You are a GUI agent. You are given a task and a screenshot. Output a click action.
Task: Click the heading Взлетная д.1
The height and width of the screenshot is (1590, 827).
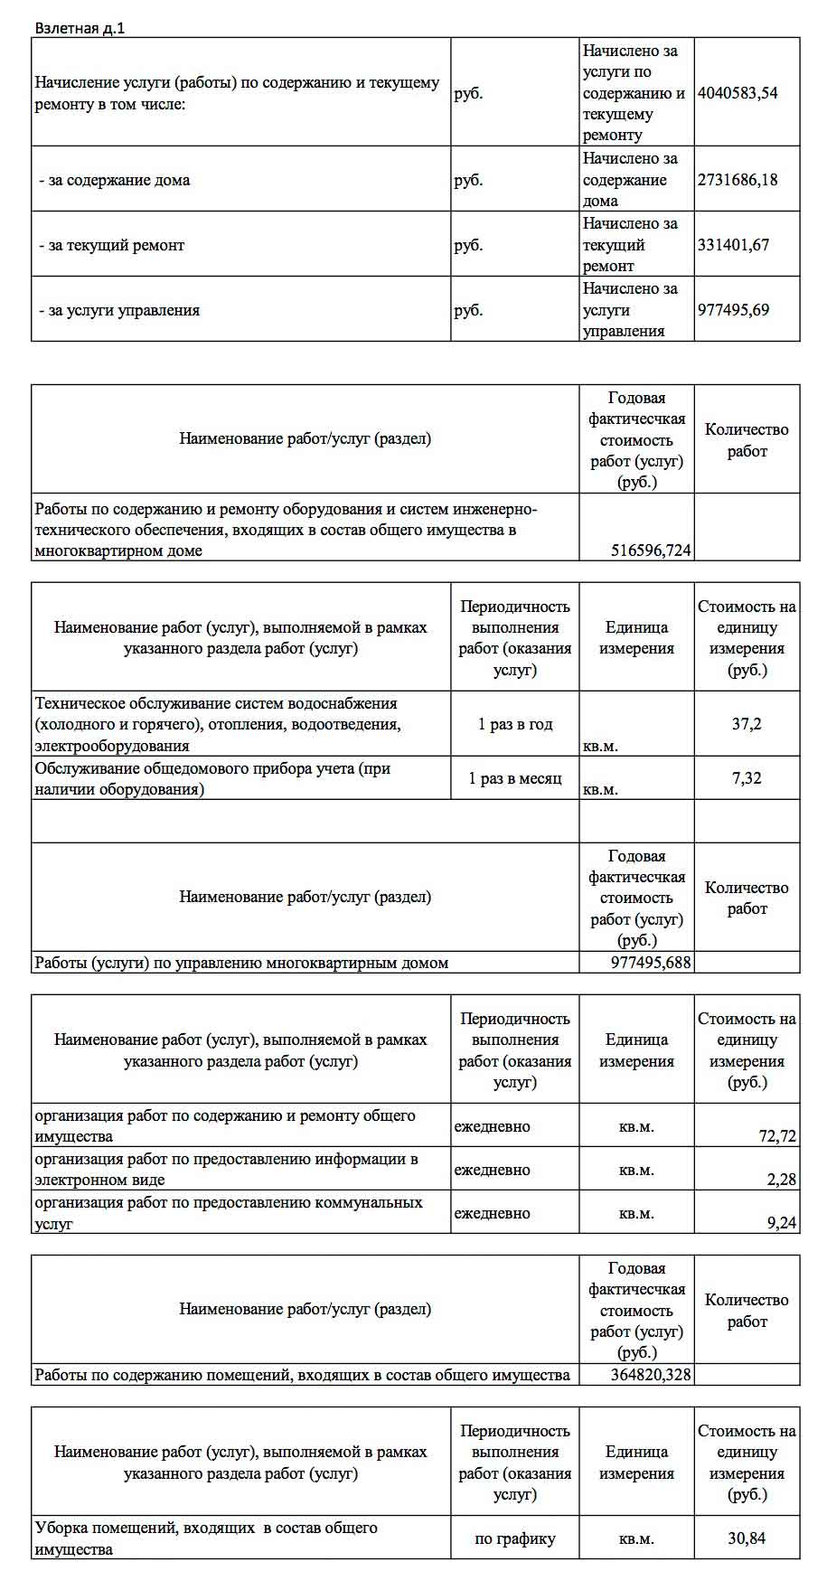[x=80, y=28]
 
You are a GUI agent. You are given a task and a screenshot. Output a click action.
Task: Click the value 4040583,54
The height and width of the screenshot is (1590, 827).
[x=738, y=92]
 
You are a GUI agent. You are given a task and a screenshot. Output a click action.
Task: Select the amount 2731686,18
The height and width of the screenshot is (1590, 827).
[x=738, y=179]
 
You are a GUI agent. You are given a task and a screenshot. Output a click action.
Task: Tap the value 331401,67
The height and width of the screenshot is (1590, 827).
[x=733, y=244]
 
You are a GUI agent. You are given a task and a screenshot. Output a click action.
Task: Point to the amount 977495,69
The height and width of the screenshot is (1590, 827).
[x=733, y=309]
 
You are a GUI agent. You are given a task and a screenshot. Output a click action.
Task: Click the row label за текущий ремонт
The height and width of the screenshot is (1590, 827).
[x=111, y=245]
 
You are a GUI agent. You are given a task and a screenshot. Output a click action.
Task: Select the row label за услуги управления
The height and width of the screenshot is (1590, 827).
[x=119, y=310]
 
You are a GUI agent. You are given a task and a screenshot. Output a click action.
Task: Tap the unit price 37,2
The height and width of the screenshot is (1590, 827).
[x=747, y=724]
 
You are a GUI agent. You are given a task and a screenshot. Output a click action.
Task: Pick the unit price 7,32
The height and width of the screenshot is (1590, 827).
[x=747, y=778]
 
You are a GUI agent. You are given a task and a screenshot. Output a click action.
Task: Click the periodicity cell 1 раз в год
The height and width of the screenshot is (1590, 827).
[x=514, y=724]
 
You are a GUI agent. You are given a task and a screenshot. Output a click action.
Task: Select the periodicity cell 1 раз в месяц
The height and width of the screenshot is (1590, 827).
[x=514, y=778]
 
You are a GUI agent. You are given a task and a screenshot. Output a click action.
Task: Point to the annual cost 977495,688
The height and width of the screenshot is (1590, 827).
[x=651, y=963]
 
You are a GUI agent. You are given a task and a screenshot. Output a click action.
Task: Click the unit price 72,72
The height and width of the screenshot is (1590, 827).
[x=777, y=1136]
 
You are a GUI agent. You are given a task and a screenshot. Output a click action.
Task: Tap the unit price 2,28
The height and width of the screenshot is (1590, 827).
[x=781, y=1180]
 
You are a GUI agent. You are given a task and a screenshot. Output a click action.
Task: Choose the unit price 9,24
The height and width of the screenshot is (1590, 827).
[x=781, y=1223]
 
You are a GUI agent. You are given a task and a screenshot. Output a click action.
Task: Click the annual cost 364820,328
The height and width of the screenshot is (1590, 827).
[x=651, y=1375]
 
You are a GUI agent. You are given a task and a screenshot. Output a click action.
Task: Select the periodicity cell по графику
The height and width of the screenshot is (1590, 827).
[x=514, y=1538]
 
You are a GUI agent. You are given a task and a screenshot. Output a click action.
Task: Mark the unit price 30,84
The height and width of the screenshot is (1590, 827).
[x=747, y=1538]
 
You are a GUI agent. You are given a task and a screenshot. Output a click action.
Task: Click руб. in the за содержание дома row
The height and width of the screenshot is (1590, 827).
[x=468, y=180]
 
